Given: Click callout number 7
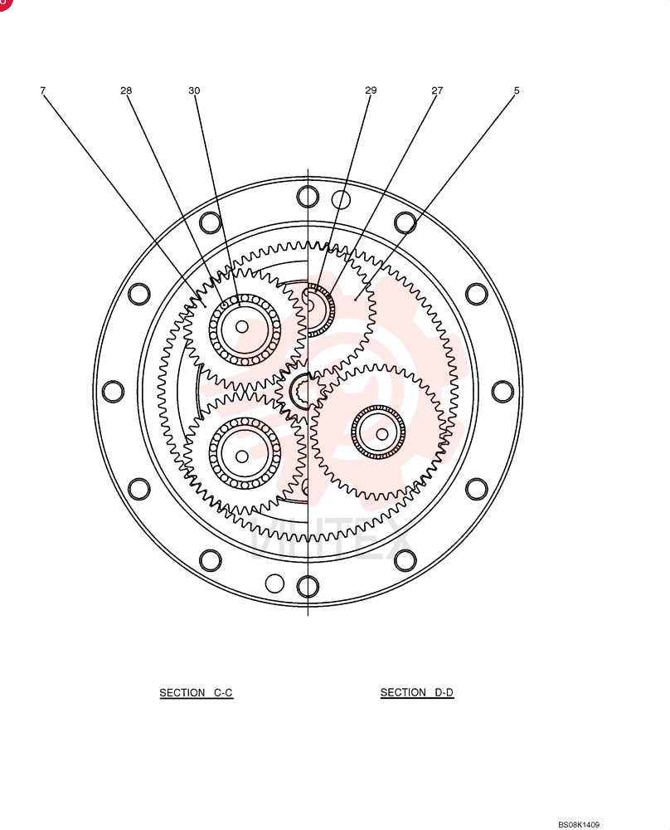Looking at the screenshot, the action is click(x=43, y=90).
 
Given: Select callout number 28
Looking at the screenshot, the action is click(x=126, y=90).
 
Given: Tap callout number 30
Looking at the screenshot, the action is click(x=194, y=90).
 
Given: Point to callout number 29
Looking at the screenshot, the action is click(x=371, y=90).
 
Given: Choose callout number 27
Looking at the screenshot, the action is click(x=437, y=90).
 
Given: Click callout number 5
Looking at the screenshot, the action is click(x=517, y=90).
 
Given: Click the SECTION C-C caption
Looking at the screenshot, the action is click(x=197, y=692).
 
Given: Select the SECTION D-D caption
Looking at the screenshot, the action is click(x=417, y=692).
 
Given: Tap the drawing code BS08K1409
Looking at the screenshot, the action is click(x=579, y=824).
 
